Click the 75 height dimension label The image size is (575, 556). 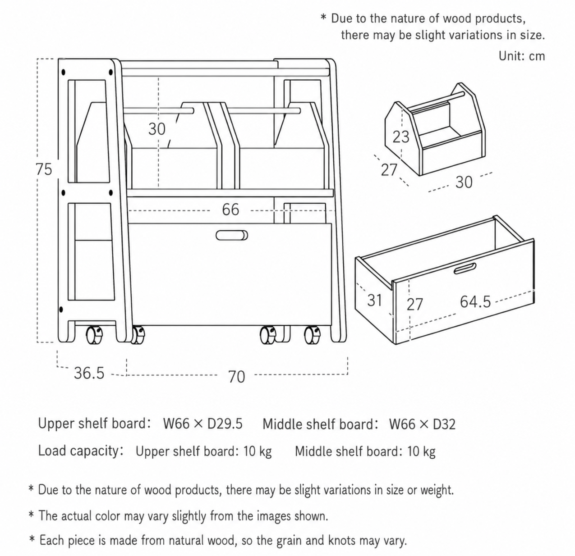[x=44, y=169]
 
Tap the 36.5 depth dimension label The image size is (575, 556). [x=89, y=373]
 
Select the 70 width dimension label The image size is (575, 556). [x=236, y=377]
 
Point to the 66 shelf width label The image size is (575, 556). [x=230, y=210]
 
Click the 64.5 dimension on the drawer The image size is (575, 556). [x=475, y=302]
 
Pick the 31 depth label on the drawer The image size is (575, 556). [x=375, y=300]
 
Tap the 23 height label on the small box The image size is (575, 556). [x=400, y=137]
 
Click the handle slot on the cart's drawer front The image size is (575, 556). [x=232, y=236]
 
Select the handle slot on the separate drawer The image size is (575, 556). [x=465, y=269]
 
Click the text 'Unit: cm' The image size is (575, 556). [x=522, y=56]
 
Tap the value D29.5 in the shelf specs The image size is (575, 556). [x=225, y=424]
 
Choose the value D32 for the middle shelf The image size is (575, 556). [x=444, y=424]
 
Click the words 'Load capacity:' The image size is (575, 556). [x=80, y=451]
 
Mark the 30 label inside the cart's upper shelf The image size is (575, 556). [x=156, y=129]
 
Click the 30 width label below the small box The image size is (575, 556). [x=464, y=182]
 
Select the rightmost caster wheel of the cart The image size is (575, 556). [x=313, y=335]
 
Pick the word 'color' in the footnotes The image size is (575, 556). [x=107, y=515]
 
